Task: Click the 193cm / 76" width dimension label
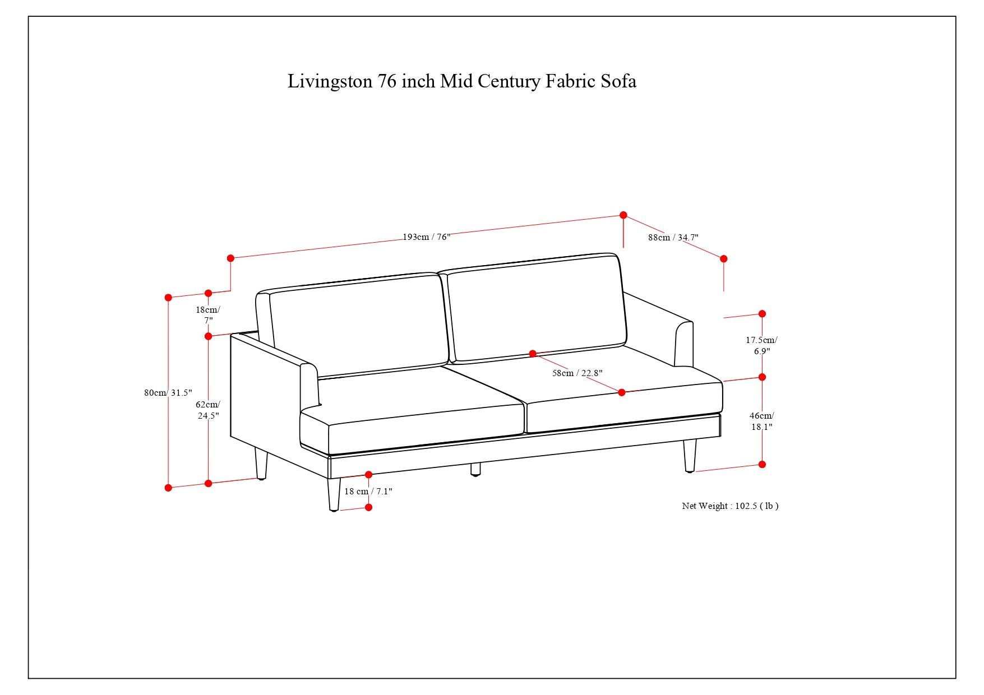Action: pyautogui.click(x=426, y=237)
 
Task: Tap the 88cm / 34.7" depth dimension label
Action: pyautogui.click(x=673, y=238)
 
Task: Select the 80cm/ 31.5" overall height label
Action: pyautogui.click(x=168, y=393)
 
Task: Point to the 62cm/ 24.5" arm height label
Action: pyautogui.click(x=208, y=410)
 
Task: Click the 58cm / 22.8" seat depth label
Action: pyautogui.click(x=577, y=373)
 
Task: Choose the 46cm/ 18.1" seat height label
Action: pyautogui.click(x=761, y=421)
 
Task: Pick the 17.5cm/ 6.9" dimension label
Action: pyautogui.click(x=761, y=345)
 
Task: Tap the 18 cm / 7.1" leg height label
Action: pyautogui.click(x=368, y=492)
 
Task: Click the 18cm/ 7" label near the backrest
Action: pyautogui.click(x=208, y=314)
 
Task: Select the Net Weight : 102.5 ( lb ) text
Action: pyautogui.click(x=729, y=506)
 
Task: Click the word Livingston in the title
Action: pyautogui.click(x=330, y=82)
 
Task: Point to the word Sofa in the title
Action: pyautogui.click(x=618, y=82)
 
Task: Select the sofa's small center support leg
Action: pyautogui.click(x=475, y=469)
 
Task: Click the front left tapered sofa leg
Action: pyautogui.click(x=334, y=493)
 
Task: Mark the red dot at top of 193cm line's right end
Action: pyautogui.click(x=623, y=215)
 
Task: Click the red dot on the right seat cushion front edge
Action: pyautogui.click(x=621, y=392)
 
